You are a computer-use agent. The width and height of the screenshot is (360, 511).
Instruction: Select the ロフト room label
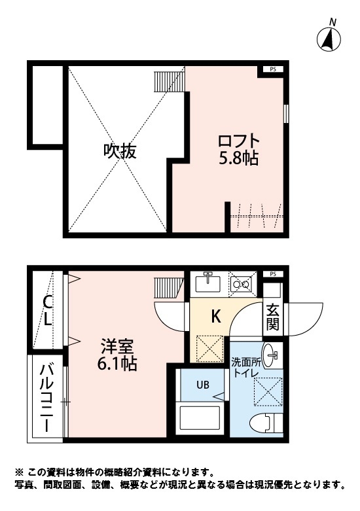tap(239, 141)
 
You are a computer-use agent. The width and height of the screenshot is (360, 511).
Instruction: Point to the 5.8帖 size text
tap(239, 158)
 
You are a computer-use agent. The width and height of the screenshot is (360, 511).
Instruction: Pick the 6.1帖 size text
tap(118, 364)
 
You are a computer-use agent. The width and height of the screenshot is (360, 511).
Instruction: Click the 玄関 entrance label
tap(272, 317)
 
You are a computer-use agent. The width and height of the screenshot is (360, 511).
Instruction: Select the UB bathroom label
tap(203, 385)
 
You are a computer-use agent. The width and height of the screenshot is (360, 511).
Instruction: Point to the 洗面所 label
tap(244, 362)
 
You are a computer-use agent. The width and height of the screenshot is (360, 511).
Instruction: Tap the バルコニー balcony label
tap(47, 396)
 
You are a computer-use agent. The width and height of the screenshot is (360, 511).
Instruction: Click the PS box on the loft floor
tap(273, 69)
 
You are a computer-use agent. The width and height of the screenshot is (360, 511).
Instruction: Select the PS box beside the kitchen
tap(273, 273)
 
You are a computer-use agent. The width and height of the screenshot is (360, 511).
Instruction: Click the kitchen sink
tap(209, 283)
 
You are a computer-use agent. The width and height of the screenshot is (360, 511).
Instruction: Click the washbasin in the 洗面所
tap(271, 353)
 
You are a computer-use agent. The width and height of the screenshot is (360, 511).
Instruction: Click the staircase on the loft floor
tap(168, 81)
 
